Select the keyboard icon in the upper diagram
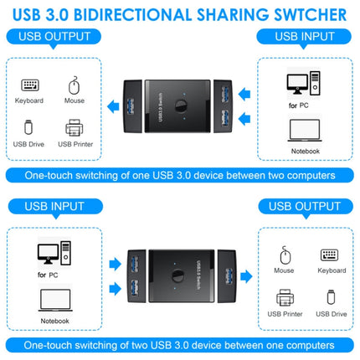point(29,85)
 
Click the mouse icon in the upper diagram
point(74,85)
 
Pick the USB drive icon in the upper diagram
point(29,128)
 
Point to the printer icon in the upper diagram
point(75,128)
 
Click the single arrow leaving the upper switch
point(111,103)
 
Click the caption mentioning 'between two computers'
point(180,175)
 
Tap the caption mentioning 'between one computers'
point(180,343)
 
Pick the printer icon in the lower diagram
point(285,297)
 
